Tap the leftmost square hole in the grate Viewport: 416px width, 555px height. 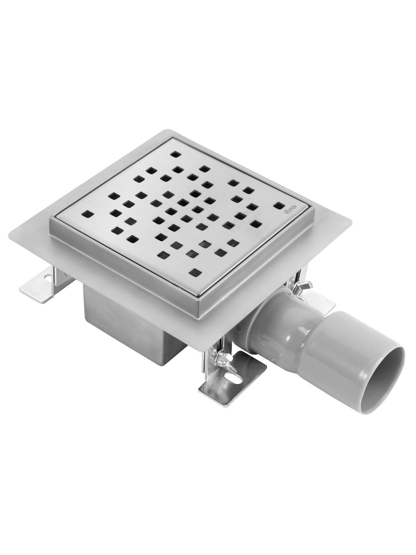87,213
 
